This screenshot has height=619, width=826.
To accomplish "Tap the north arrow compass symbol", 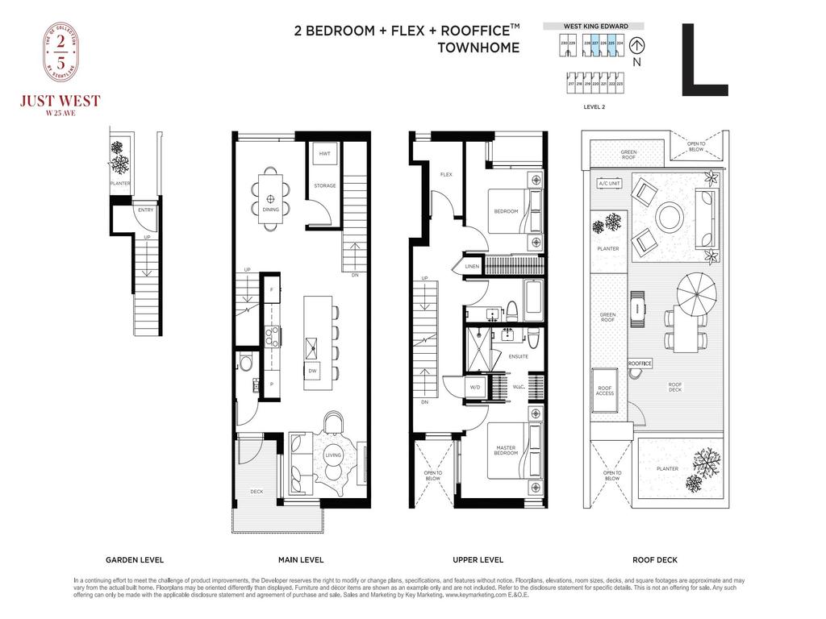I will [638, 47].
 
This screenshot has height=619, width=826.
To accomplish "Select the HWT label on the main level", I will [324, 153].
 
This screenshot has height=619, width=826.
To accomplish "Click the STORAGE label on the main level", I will [325, 186].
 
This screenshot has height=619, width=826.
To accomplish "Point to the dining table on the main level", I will [270, 197].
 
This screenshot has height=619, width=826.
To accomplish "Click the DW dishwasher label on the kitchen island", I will [312, 371].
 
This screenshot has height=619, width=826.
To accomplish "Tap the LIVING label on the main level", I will [333, 455].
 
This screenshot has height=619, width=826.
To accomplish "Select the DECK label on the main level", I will [257, 491].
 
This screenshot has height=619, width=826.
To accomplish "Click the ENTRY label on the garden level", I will [145, 210].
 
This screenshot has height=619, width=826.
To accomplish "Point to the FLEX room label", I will [446, 175].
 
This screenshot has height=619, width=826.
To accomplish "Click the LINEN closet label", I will [474, 267].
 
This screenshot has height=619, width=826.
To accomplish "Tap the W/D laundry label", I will [476, 388].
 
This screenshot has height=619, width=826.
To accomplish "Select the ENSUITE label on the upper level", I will [519, 355].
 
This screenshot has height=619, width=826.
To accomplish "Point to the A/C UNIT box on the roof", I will [608, 184].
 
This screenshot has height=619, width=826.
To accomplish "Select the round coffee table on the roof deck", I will [669, 216].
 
